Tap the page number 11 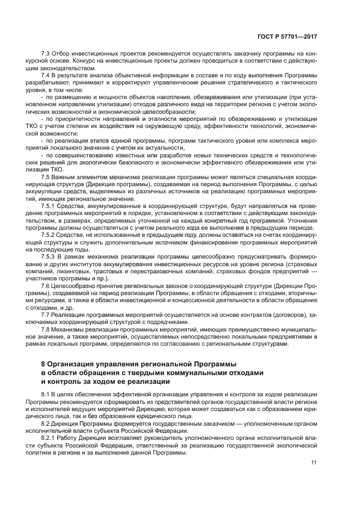click(x=314, y=463)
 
